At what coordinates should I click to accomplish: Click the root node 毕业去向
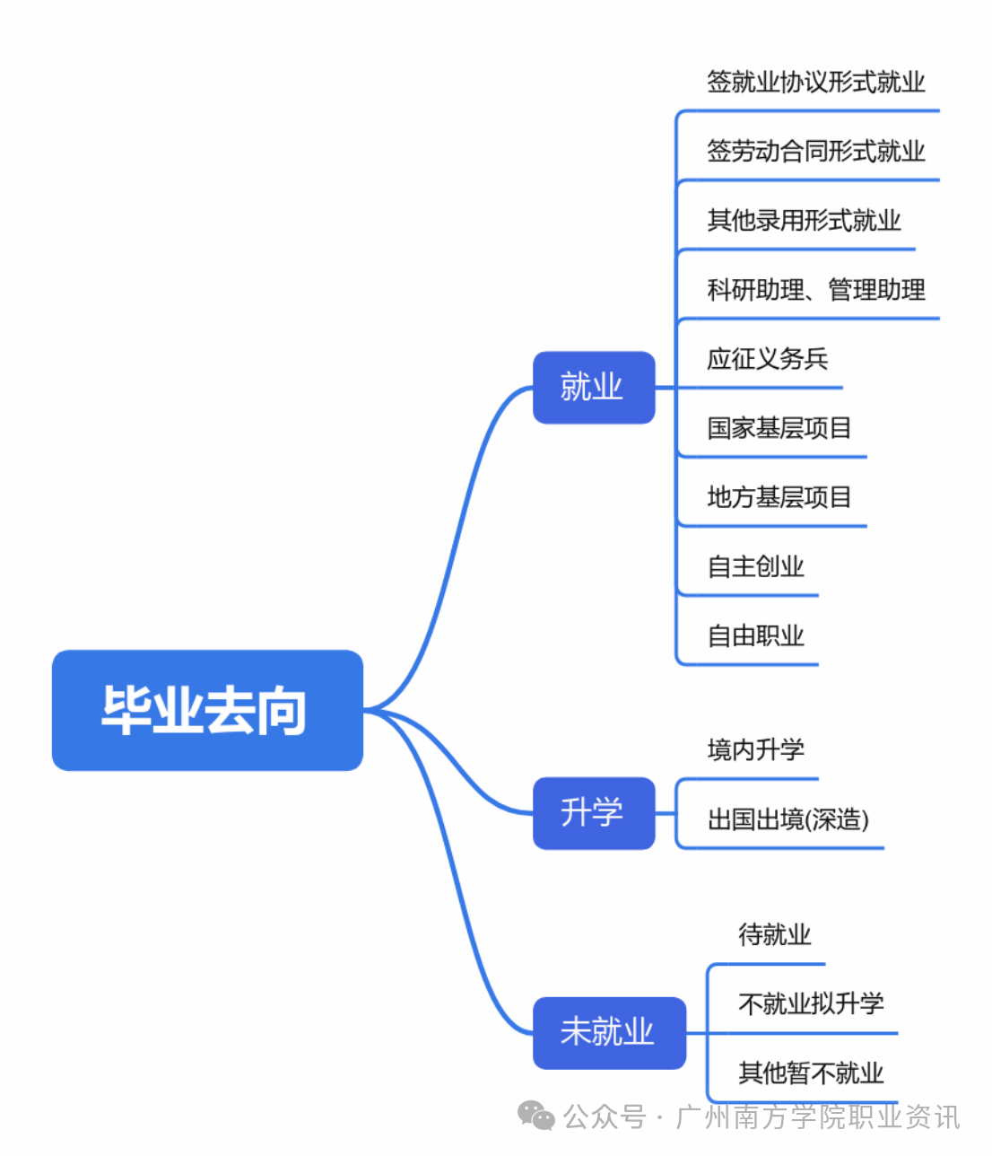click(x=207, y=710)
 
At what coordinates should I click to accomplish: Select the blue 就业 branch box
click(x=594, y=387)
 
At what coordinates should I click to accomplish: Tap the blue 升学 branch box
click(x=594, y=812)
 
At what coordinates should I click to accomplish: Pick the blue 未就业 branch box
click(x=609, y=1032)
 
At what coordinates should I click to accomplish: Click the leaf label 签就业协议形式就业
click(x=815, y=83)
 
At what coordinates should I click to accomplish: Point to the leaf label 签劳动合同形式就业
click(x=815, y=151)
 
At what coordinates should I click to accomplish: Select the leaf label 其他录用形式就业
click(x=804, y=220)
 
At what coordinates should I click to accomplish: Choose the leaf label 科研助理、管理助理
click(x=815, y=290)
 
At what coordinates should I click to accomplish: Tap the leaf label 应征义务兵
click(x=767, y=359)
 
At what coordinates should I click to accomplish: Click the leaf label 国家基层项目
click(x=779, y=428)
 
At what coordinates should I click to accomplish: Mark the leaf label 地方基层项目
click(x=779, y=497)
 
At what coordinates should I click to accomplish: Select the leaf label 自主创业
click(x=755, y=566)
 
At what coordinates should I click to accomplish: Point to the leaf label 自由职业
click(x=755, y=635)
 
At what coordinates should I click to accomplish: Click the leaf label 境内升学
click(x=755, y=749)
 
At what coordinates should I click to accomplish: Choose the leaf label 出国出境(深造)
click(x=788, y=819)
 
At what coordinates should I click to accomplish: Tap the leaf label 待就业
click(x=774, y=935)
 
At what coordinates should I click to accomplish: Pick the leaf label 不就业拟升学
click(x=811, y=1003)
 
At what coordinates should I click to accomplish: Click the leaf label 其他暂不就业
click(x=811, y=1073)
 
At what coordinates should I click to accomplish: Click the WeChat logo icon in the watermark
click(x=536, y=1116)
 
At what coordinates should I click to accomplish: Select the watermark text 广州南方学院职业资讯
click(x=817, y=1117)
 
